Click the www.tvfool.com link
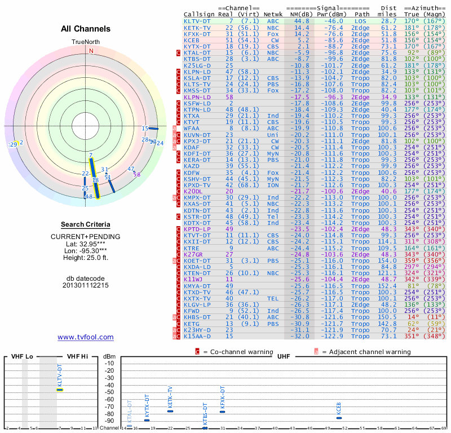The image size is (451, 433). coord(86,337)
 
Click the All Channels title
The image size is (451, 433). coord(86,29)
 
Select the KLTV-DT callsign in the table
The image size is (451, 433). coord(197,21)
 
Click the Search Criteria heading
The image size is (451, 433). coord(85,224)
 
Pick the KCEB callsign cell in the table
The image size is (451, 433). coord(192,40)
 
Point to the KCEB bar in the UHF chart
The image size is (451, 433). coord(339,418)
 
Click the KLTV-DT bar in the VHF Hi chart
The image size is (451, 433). coord(60,390)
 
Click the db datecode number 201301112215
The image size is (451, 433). coord(86,285)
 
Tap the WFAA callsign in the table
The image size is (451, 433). coord(192,128)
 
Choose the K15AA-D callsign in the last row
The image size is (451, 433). coord(197,336)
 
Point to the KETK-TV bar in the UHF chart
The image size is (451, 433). coord(170,411)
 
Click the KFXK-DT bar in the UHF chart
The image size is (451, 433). coord(223,412)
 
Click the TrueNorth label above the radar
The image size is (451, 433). coord(85,42)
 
